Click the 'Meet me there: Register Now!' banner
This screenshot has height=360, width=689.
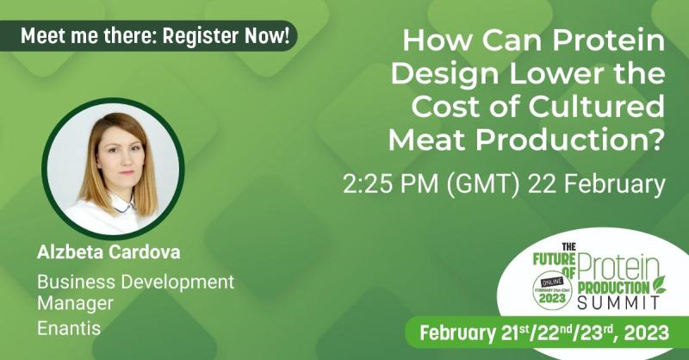[148, 35]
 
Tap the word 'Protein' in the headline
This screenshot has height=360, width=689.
[608, 40]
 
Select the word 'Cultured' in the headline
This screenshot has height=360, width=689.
[596, 107]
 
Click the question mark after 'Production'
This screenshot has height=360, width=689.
[655, 140]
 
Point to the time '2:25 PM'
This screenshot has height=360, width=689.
[391, 183]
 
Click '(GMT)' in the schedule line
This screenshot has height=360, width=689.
[483, 184]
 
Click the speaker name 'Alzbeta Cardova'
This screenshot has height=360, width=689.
[109, 252]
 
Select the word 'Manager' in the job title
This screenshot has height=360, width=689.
[75, 303]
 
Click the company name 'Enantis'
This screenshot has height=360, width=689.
[69, 328]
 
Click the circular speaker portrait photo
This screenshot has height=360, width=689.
[113, 169]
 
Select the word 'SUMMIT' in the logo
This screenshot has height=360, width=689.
[618, 302]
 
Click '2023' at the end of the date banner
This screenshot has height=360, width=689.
[647, 332]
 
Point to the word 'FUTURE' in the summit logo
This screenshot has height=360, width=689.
[554, 260]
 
